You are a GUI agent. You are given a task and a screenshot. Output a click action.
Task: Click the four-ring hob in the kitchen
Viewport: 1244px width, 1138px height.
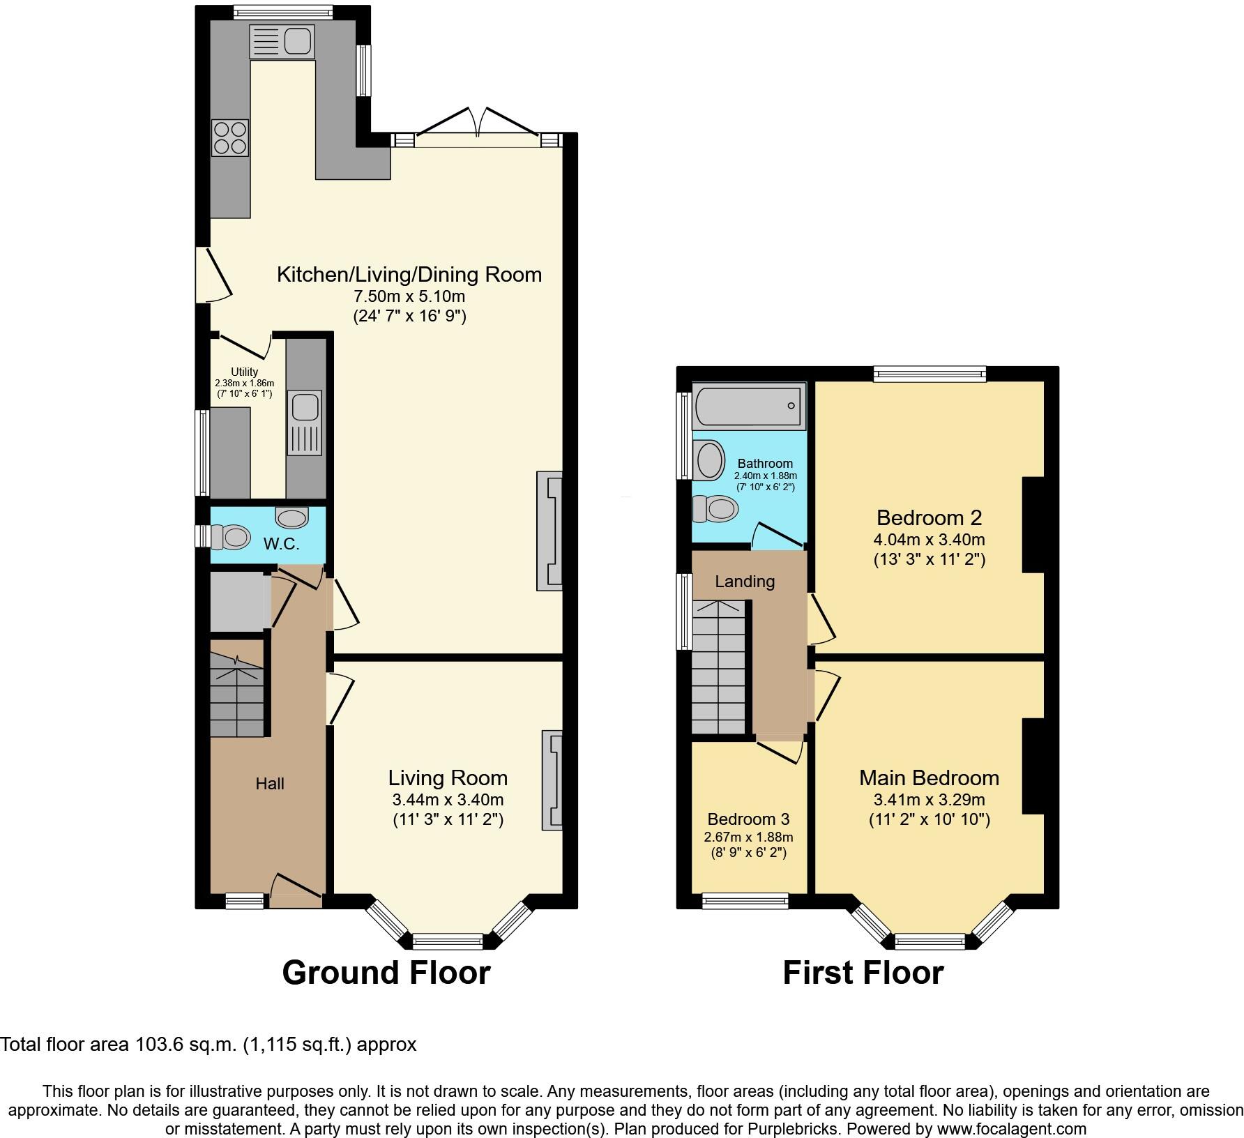[x=230, y=137]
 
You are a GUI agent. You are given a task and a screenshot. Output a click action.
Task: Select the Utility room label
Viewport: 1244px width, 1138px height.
[x=245, y=372]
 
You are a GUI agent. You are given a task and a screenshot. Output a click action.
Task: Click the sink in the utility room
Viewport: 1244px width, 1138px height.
[x=305, y=423]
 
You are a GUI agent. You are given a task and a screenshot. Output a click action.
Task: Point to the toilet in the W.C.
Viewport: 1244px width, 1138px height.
[x=232, y=537]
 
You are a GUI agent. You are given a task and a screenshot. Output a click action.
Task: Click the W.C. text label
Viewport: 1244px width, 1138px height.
[x=281, y=545]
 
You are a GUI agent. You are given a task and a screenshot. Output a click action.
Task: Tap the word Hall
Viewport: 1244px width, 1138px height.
[x=269, y=784]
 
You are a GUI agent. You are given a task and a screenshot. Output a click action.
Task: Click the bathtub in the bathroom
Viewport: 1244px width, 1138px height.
[x=748, y=405]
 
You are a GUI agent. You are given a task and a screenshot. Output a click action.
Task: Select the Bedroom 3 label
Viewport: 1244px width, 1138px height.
[x=748, y=819]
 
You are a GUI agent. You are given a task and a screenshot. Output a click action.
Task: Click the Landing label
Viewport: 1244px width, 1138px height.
[x=745, y=582]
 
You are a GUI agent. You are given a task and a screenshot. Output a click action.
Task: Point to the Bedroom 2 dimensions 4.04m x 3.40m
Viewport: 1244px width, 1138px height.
[x=929, y=539]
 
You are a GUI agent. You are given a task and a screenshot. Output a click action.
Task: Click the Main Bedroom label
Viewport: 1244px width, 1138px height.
[x=929, y=778]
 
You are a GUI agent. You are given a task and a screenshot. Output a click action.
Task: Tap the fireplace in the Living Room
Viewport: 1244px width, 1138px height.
[x=552, y=780]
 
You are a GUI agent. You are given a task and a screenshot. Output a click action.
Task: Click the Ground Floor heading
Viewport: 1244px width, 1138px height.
[x=386, y=973]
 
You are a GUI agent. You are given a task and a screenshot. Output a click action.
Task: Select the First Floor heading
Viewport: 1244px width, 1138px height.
[x=863, y=973]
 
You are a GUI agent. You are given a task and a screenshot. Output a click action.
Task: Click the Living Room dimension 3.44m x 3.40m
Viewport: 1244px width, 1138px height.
[x=448, y=800]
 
